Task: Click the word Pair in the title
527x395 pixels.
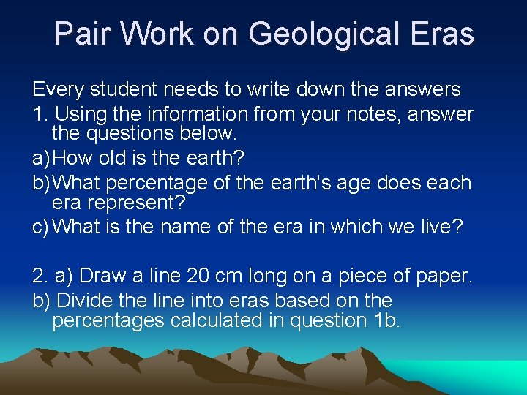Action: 81,34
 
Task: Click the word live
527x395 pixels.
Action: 441,227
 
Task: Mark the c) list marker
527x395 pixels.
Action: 41,227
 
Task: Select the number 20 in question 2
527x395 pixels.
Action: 198,276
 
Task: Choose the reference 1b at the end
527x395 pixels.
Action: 381,320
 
